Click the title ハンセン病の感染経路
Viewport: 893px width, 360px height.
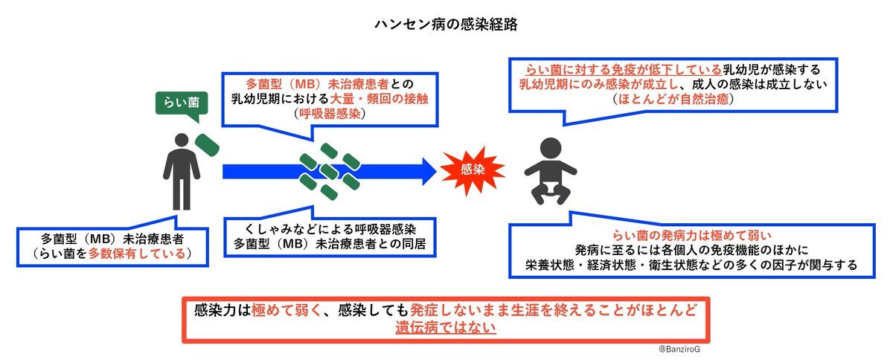pyautogui.click(x=446, y=25)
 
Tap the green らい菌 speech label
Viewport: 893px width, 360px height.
pyautogui.click(x=182, y=103)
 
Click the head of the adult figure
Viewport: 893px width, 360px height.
pyautogui.click(x=182, y=140)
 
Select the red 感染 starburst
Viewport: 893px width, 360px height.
pyautogui.click(x=473, y=170)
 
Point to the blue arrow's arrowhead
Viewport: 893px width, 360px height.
pyautogui.click(x=429, y=171)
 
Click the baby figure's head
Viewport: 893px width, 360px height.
pyautogui.click(x=551, y=148)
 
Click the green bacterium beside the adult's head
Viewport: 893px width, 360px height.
pyautogui.click(x=207, y=145)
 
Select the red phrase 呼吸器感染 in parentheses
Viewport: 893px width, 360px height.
pyautogui.click(x=330, y=114)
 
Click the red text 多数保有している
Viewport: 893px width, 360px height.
pyautogui.click(x=137, y=254)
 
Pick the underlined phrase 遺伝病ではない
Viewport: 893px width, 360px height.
pyautogui.click(x=446, y=327)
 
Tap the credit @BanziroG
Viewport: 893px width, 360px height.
pyautogui.click(x=679, y=350)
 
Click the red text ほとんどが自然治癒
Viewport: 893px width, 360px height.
pyautogui.click(x=673, y=99)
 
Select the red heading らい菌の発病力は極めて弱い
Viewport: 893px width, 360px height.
pyautogui.click(x=692, y=235)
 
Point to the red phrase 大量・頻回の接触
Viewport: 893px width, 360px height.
pyautogui.click(x=379, y=99)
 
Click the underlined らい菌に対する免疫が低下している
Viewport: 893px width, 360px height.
pyautogui.click(x=624, y=70)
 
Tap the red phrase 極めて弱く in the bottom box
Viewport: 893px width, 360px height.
pyautogui.click(x=287, y=309)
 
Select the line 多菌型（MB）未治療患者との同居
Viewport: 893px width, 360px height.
pyautogui.click(x=330, y=243)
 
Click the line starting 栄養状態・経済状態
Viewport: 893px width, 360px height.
pyautogui.click(x=691, y=265)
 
